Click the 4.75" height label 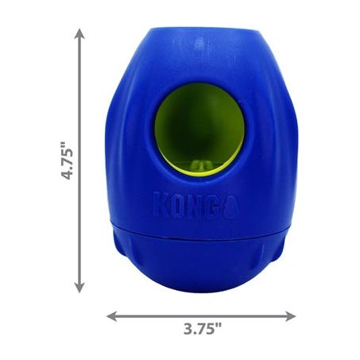(67, 161)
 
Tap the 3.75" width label (203, 329)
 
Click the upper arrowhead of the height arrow (79, 33)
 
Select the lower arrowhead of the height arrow (79, 288)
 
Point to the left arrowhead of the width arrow (111, 316)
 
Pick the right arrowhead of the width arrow (290, 316)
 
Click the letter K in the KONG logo (161, 204)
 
